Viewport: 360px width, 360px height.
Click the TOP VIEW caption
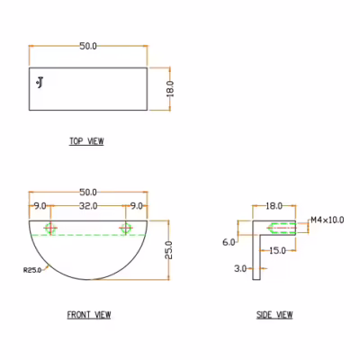coord(86,141)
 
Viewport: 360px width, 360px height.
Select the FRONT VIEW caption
coord(89,315)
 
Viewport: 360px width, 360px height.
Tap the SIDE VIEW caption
coord(274,315)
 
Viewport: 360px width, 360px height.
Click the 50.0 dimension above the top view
coord(88,46)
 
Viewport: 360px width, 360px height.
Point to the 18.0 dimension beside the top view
coord(170,89)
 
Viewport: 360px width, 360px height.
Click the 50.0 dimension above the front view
coord(88,192)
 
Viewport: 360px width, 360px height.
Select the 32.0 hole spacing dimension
coord(88,206)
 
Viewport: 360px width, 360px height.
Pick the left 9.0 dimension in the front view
coord(40,206)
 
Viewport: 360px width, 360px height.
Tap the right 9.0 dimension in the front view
coord(136,206)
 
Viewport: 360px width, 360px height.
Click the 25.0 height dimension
coord(169,250)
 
